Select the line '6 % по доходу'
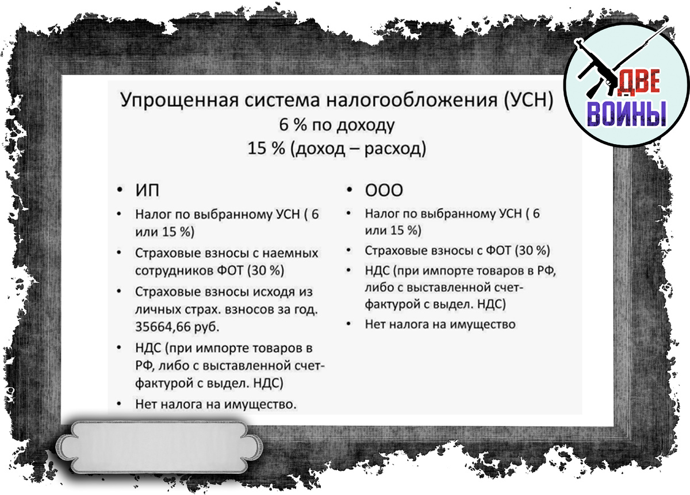tap(337, 125)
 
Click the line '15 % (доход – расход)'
tap(337, 149)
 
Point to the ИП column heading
tap(148, 190)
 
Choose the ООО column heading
tap(384, 190)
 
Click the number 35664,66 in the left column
tap(163, 327)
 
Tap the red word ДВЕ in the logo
tap(639, 82)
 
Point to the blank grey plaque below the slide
tap(159, 447)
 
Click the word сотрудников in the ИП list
tap(174, 271)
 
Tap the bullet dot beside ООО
tap(349, 190)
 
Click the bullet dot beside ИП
tap(120, 190)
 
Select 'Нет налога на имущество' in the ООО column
tap(440, 324)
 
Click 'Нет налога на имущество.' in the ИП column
tap(216, 404)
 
